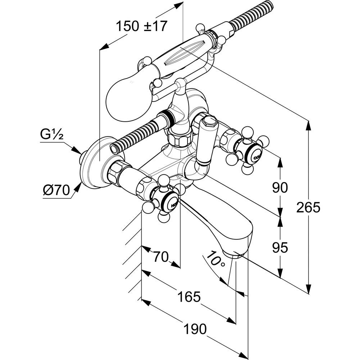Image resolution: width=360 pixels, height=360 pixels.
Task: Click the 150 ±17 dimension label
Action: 141,26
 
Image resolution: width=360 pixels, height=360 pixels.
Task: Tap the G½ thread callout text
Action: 51,134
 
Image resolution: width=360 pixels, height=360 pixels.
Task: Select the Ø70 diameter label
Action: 57,190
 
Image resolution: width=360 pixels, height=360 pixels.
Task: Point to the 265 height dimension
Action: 308,207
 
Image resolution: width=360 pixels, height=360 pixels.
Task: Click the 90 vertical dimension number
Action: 280,188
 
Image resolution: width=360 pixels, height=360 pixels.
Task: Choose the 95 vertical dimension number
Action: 280,248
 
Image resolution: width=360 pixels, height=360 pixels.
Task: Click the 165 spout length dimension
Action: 189,297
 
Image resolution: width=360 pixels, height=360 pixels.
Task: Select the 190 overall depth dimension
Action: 195,329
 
